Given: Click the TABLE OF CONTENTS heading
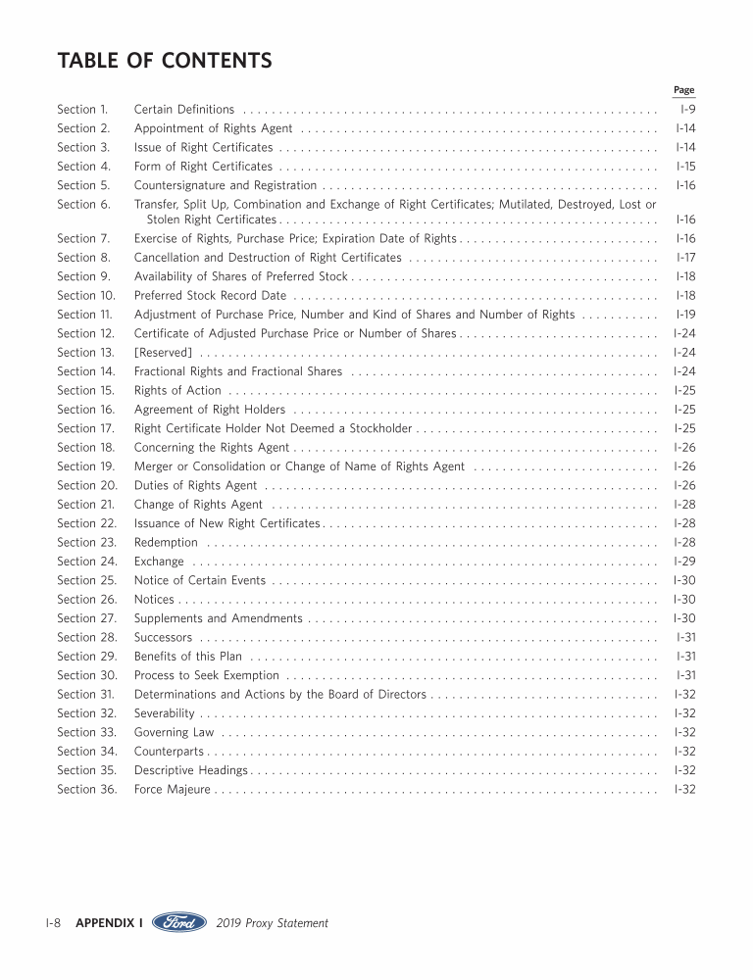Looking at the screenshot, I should tap(165, 61).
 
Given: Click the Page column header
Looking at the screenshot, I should tap(683, 90).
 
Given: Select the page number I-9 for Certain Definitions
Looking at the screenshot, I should tap(687, 110).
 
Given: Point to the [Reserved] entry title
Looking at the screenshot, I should tap(163, 353).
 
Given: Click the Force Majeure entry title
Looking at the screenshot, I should tap(172, 790).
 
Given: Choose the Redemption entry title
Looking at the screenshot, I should tap(166, 543).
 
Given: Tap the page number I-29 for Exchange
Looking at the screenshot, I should tap(684, 562).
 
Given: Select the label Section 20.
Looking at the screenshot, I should tap(87, 485).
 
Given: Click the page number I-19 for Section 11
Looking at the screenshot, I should tap(685, 315).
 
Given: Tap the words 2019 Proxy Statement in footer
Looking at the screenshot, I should tap(272, 923).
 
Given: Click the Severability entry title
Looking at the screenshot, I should tap(164, 713).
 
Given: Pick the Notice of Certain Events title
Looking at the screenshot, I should tap(199, 580).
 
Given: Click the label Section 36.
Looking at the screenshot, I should tap(87, 790).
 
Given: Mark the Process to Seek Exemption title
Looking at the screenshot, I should tap(207, 675).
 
